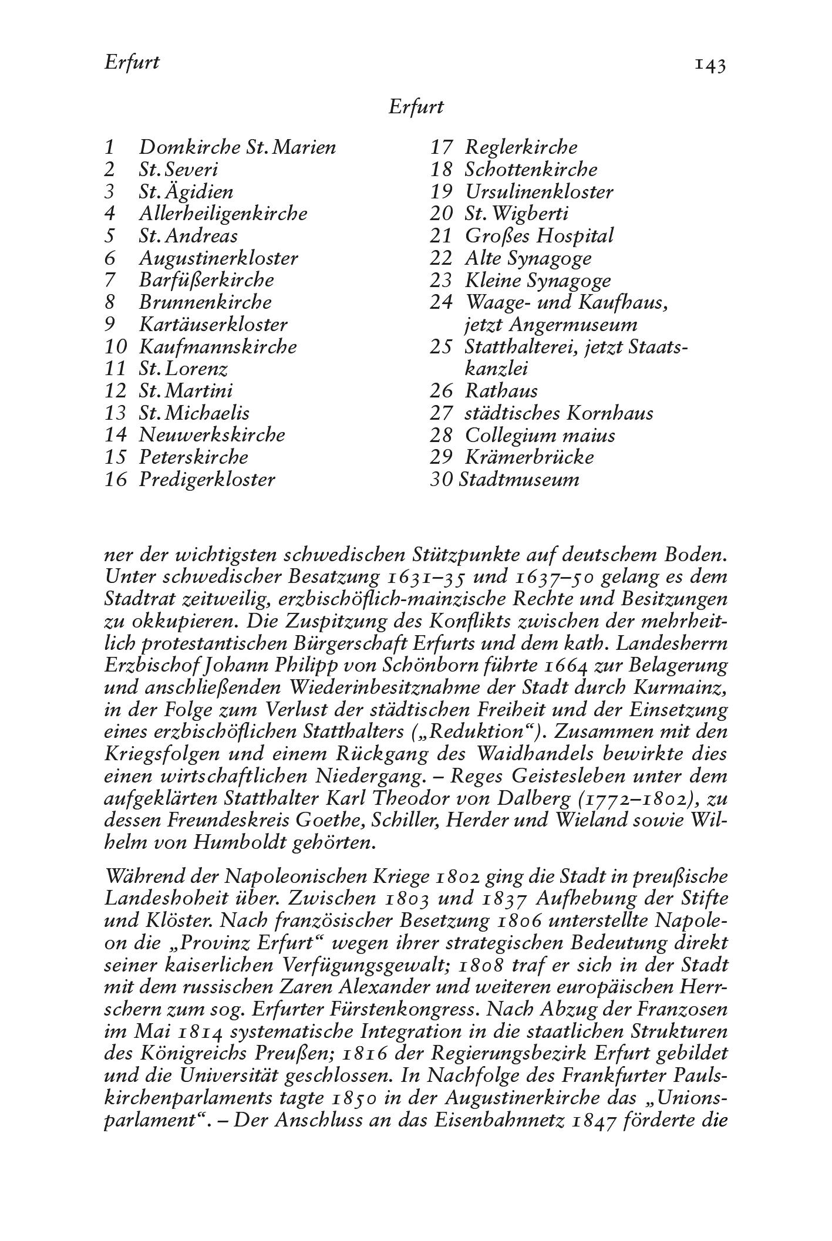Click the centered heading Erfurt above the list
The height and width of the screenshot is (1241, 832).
[416, 107]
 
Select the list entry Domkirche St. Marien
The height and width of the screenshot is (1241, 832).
[237, 147]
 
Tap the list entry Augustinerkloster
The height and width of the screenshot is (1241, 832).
[218, 258]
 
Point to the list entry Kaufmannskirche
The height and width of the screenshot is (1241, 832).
[218, 346]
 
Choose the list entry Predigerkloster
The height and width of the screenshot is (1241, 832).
[207, 480]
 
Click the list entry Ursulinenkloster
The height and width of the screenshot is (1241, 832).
[539, 191]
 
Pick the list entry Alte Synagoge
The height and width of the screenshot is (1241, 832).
[528, 258]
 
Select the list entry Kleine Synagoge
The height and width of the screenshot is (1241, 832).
[538, 281]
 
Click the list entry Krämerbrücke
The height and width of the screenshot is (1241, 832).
[529, 457]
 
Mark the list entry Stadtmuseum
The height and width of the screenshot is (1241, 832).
[519, 480]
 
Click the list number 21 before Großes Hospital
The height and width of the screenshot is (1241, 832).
[441, 236]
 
